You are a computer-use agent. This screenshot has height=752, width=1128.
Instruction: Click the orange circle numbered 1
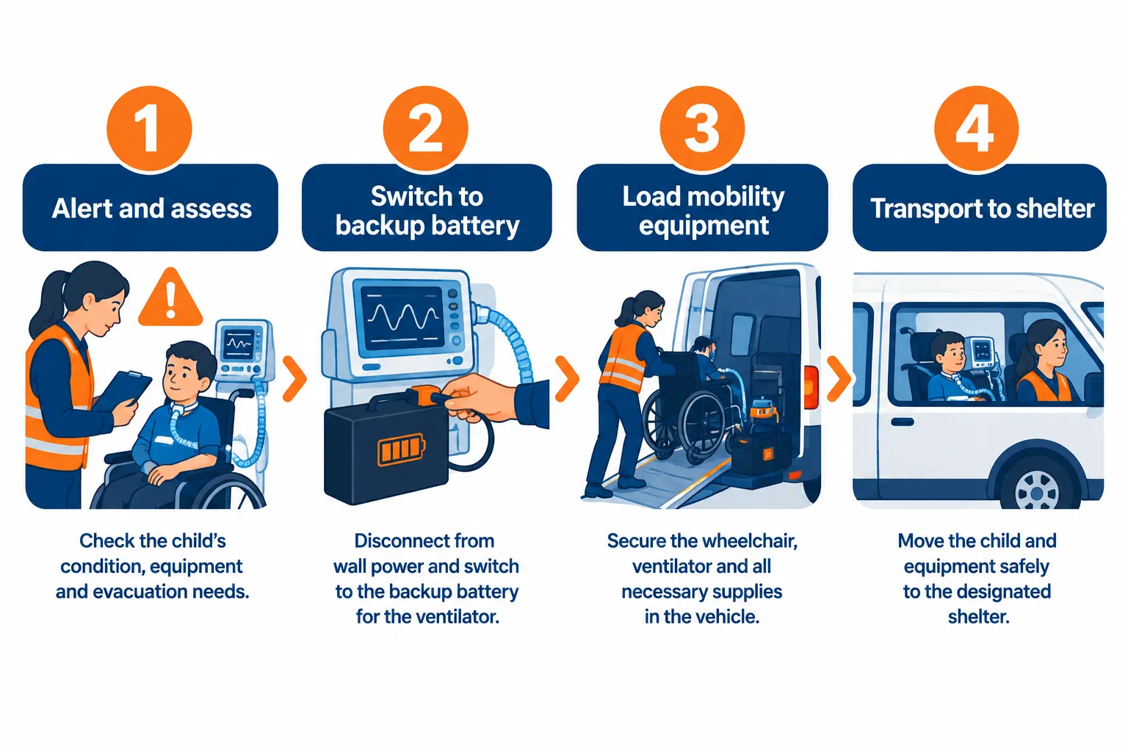tap(149, 129)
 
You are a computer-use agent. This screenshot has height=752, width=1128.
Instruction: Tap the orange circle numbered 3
tap(702, 129)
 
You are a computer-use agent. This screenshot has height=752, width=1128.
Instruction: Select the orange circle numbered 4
tap(977, 129)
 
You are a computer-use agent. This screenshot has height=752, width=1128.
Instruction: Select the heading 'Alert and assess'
tap(151, 209)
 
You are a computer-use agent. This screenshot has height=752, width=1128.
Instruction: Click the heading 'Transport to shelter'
tap(983, 209)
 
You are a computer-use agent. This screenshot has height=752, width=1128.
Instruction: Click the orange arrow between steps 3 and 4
tap(839, 378)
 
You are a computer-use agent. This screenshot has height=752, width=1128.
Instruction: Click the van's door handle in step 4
tap(903, 422)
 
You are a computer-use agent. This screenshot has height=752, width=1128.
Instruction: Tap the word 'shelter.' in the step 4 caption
tap(978, 617)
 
